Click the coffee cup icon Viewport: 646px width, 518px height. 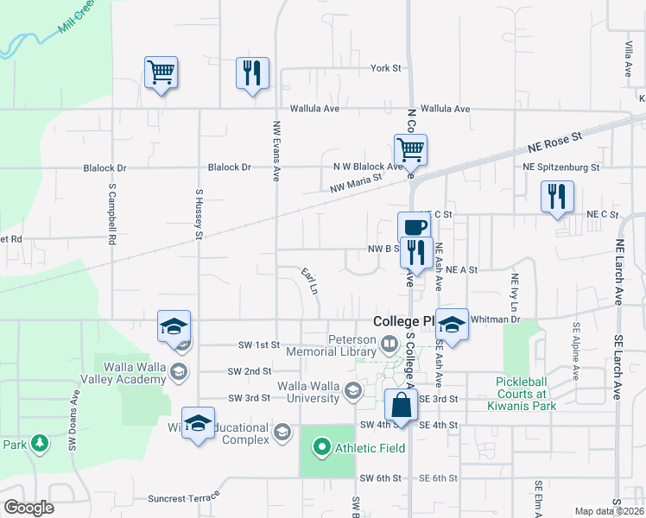click(413, 226)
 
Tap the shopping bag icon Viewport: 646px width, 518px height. click(402, 404)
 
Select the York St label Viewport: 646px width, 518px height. click(386, 68)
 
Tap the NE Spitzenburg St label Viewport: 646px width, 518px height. click(561, 167)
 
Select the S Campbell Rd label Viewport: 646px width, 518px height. click(112, 212)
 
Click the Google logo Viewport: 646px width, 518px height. click(28, 507)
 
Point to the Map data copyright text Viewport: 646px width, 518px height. click(610, 511)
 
